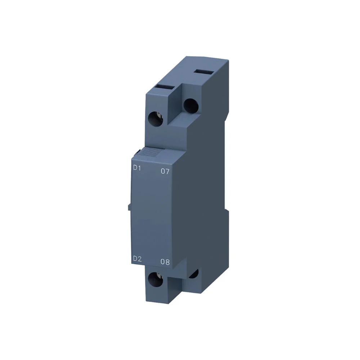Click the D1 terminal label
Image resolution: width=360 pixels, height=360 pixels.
click(137, 167)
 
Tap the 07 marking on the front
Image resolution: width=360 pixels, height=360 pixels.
click(165, 172)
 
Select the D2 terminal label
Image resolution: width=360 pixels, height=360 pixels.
click(137, 258)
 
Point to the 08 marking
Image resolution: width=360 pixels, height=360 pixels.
click(165, 262)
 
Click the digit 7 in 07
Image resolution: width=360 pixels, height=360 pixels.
click(167, 172)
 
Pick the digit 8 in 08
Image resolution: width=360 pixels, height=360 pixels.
click(167, 262)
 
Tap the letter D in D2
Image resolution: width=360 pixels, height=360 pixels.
click(135, 258)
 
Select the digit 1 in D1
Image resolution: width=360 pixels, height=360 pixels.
click(139, 167)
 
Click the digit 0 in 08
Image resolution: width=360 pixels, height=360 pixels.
click(163, 262)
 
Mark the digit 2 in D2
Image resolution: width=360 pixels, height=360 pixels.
click(139, 258)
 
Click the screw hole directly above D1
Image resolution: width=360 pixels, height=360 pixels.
click(156, 118)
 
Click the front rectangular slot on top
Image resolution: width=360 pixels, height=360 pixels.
click(163, 87)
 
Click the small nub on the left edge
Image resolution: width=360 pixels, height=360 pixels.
click(129, 207)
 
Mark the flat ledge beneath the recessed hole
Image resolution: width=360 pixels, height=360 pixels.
click(180, 122)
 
